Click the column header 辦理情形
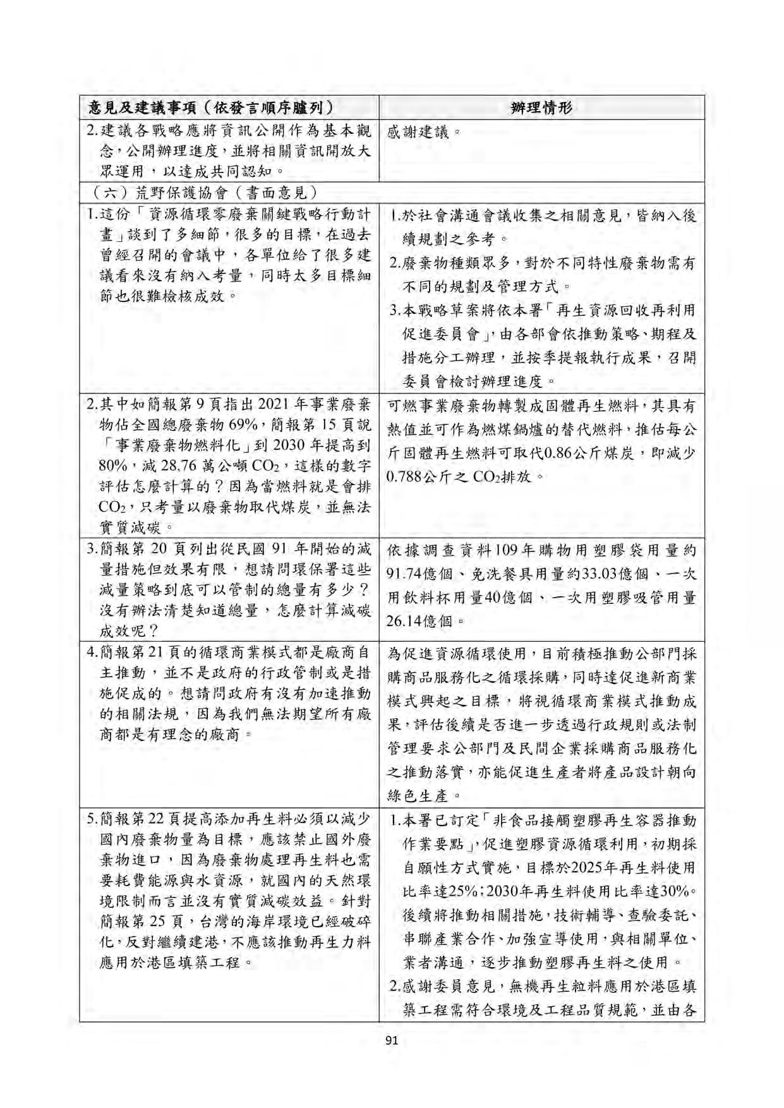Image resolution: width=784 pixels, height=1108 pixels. click(x=541, y=107)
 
